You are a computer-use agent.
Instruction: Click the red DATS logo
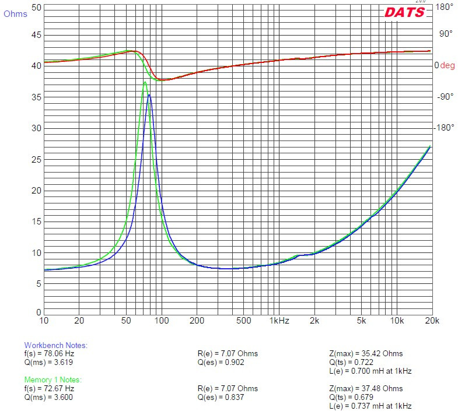point(404,12)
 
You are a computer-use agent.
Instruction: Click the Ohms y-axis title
point(15,14)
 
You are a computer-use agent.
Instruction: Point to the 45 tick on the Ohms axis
point(36,35)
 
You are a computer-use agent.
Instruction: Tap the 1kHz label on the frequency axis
point(279,320)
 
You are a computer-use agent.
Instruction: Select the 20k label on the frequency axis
point(432,320)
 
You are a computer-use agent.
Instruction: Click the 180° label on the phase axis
point(445,7)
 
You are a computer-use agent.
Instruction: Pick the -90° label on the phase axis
point(445,97)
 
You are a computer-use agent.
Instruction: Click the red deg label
point(447,66)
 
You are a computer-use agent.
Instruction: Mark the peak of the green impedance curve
point(145,82)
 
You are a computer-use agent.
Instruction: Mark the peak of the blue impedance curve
point(149,95)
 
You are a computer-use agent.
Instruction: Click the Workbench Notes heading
point(55,345)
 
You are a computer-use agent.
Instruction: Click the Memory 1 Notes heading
point(53,380)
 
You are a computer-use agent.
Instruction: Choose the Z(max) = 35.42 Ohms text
point(366,353)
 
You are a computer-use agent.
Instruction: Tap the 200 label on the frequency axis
point(197,320)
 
